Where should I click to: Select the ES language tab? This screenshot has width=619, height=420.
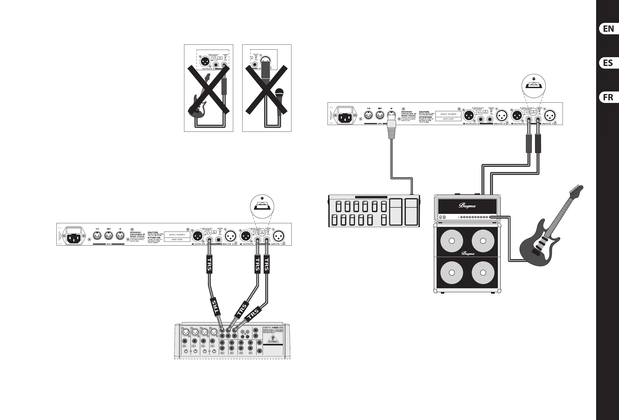tap(609, 63)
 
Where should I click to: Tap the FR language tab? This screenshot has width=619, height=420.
tap(609, 97)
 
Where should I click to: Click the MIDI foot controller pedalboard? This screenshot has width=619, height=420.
tap(374, 211)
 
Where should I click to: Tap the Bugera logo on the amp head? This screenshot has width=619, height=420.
tap(467, 206)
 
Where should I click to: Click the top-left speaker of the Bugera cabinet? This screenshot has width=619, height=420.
tap(452, 241)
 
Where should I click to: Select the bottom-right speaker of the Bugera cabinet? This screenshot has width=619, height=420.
tap(483, 273)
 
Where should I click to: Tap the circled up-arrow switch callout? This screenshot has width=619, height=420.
tap(262, 207)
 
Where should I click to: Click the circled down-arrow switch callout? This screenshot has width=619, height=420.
tap(533, 86)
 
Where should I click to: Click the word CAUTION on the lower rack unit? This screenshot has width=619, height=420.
tap(153, 232)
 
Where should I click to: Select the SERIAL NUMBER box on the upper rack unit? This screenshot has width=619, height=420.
tap(448, 114)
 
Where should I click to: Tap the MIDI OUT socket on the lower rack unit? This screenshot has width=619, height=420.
tap(97, 235)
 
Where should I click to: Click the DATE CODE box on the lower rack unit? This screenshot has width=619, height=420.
tap(177, 239)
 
